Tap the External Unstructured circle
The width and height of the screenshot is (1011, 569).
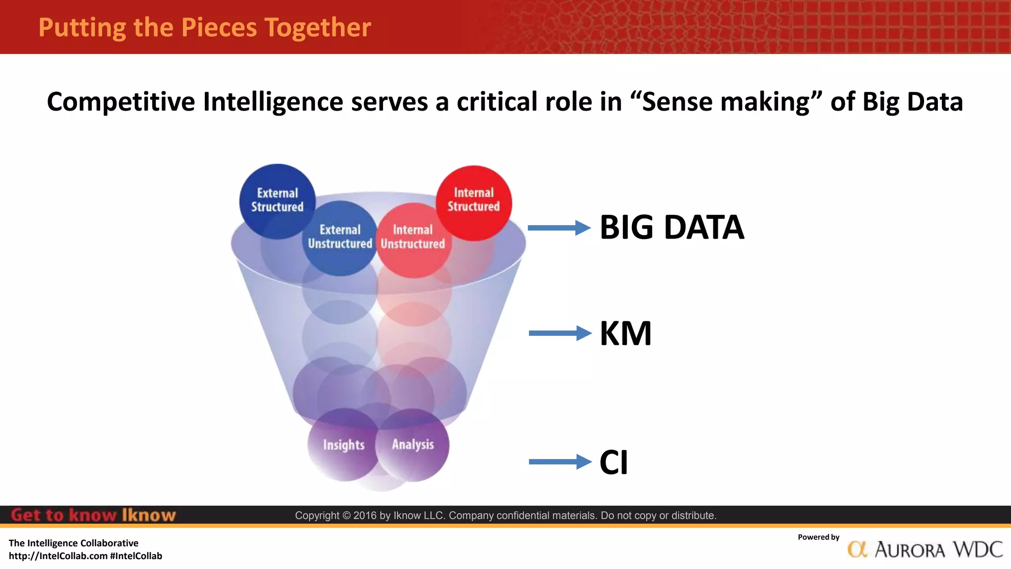tap(340, 238)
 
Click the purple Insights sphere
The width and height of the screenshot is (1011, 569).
tap(344, 445)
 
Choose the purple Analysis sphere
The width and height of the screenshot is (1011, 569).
tap(413, 444)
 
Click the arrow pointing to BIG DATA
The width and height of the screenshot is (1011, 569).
tap(559, 228)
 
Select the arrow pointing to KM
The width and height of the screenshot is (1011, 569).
tap(559, 333)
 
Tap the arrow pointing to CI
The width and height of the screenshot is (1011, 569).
tap(559, 462)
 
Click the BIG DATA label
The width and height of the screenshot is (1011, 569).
tap(671, 228)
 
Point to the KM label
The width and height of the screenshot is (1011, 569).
tap(625, 333)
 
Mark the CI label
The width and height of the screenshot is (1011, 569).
tap(614, 462)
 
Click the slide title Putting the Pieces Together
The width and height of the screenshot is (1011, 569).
tap(204, 27)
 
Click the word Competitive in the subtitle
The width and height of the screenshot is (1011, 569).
tap(120, 102)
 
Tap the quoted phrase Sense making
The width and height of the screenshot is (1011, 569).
tap(726, 102)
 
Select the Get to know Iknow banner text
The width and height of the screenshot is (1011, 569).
tap(93, 515)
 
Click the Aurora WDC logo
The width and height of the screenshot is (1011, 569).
tap(925, 549)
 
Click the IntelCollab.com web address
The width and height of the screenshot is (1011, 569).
tap(58, 556)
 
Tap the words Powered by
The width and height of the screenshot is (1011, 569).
tap(818, 537)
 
